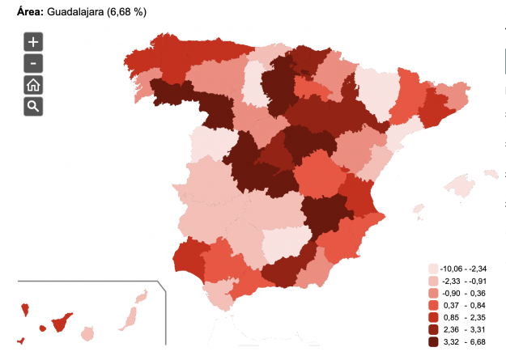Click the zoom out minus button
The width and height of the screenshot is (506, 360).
point(33,63)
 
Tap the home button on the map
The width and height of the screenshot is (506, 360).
point(33,85)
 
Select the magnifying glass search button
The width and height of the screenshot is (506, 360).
point(33,106)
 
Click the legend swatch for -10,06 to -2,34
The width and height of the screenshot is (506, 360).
point(433,269)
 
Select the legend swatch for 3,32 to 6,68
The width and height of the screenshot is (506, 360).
point(433,341)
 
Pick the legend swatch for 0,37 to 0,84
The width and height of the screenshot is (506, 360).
point(433,305)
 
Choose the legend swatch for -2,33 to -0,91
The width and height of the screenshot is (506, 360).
point(433,281)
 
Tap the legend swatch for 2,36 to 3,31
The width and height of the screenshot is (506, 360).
point(433,329)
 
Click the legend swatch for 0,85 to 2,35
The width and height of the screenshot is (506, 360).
point(433,317)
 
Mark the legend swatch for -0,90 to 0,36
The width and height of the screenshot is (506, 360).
point(433,293)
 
